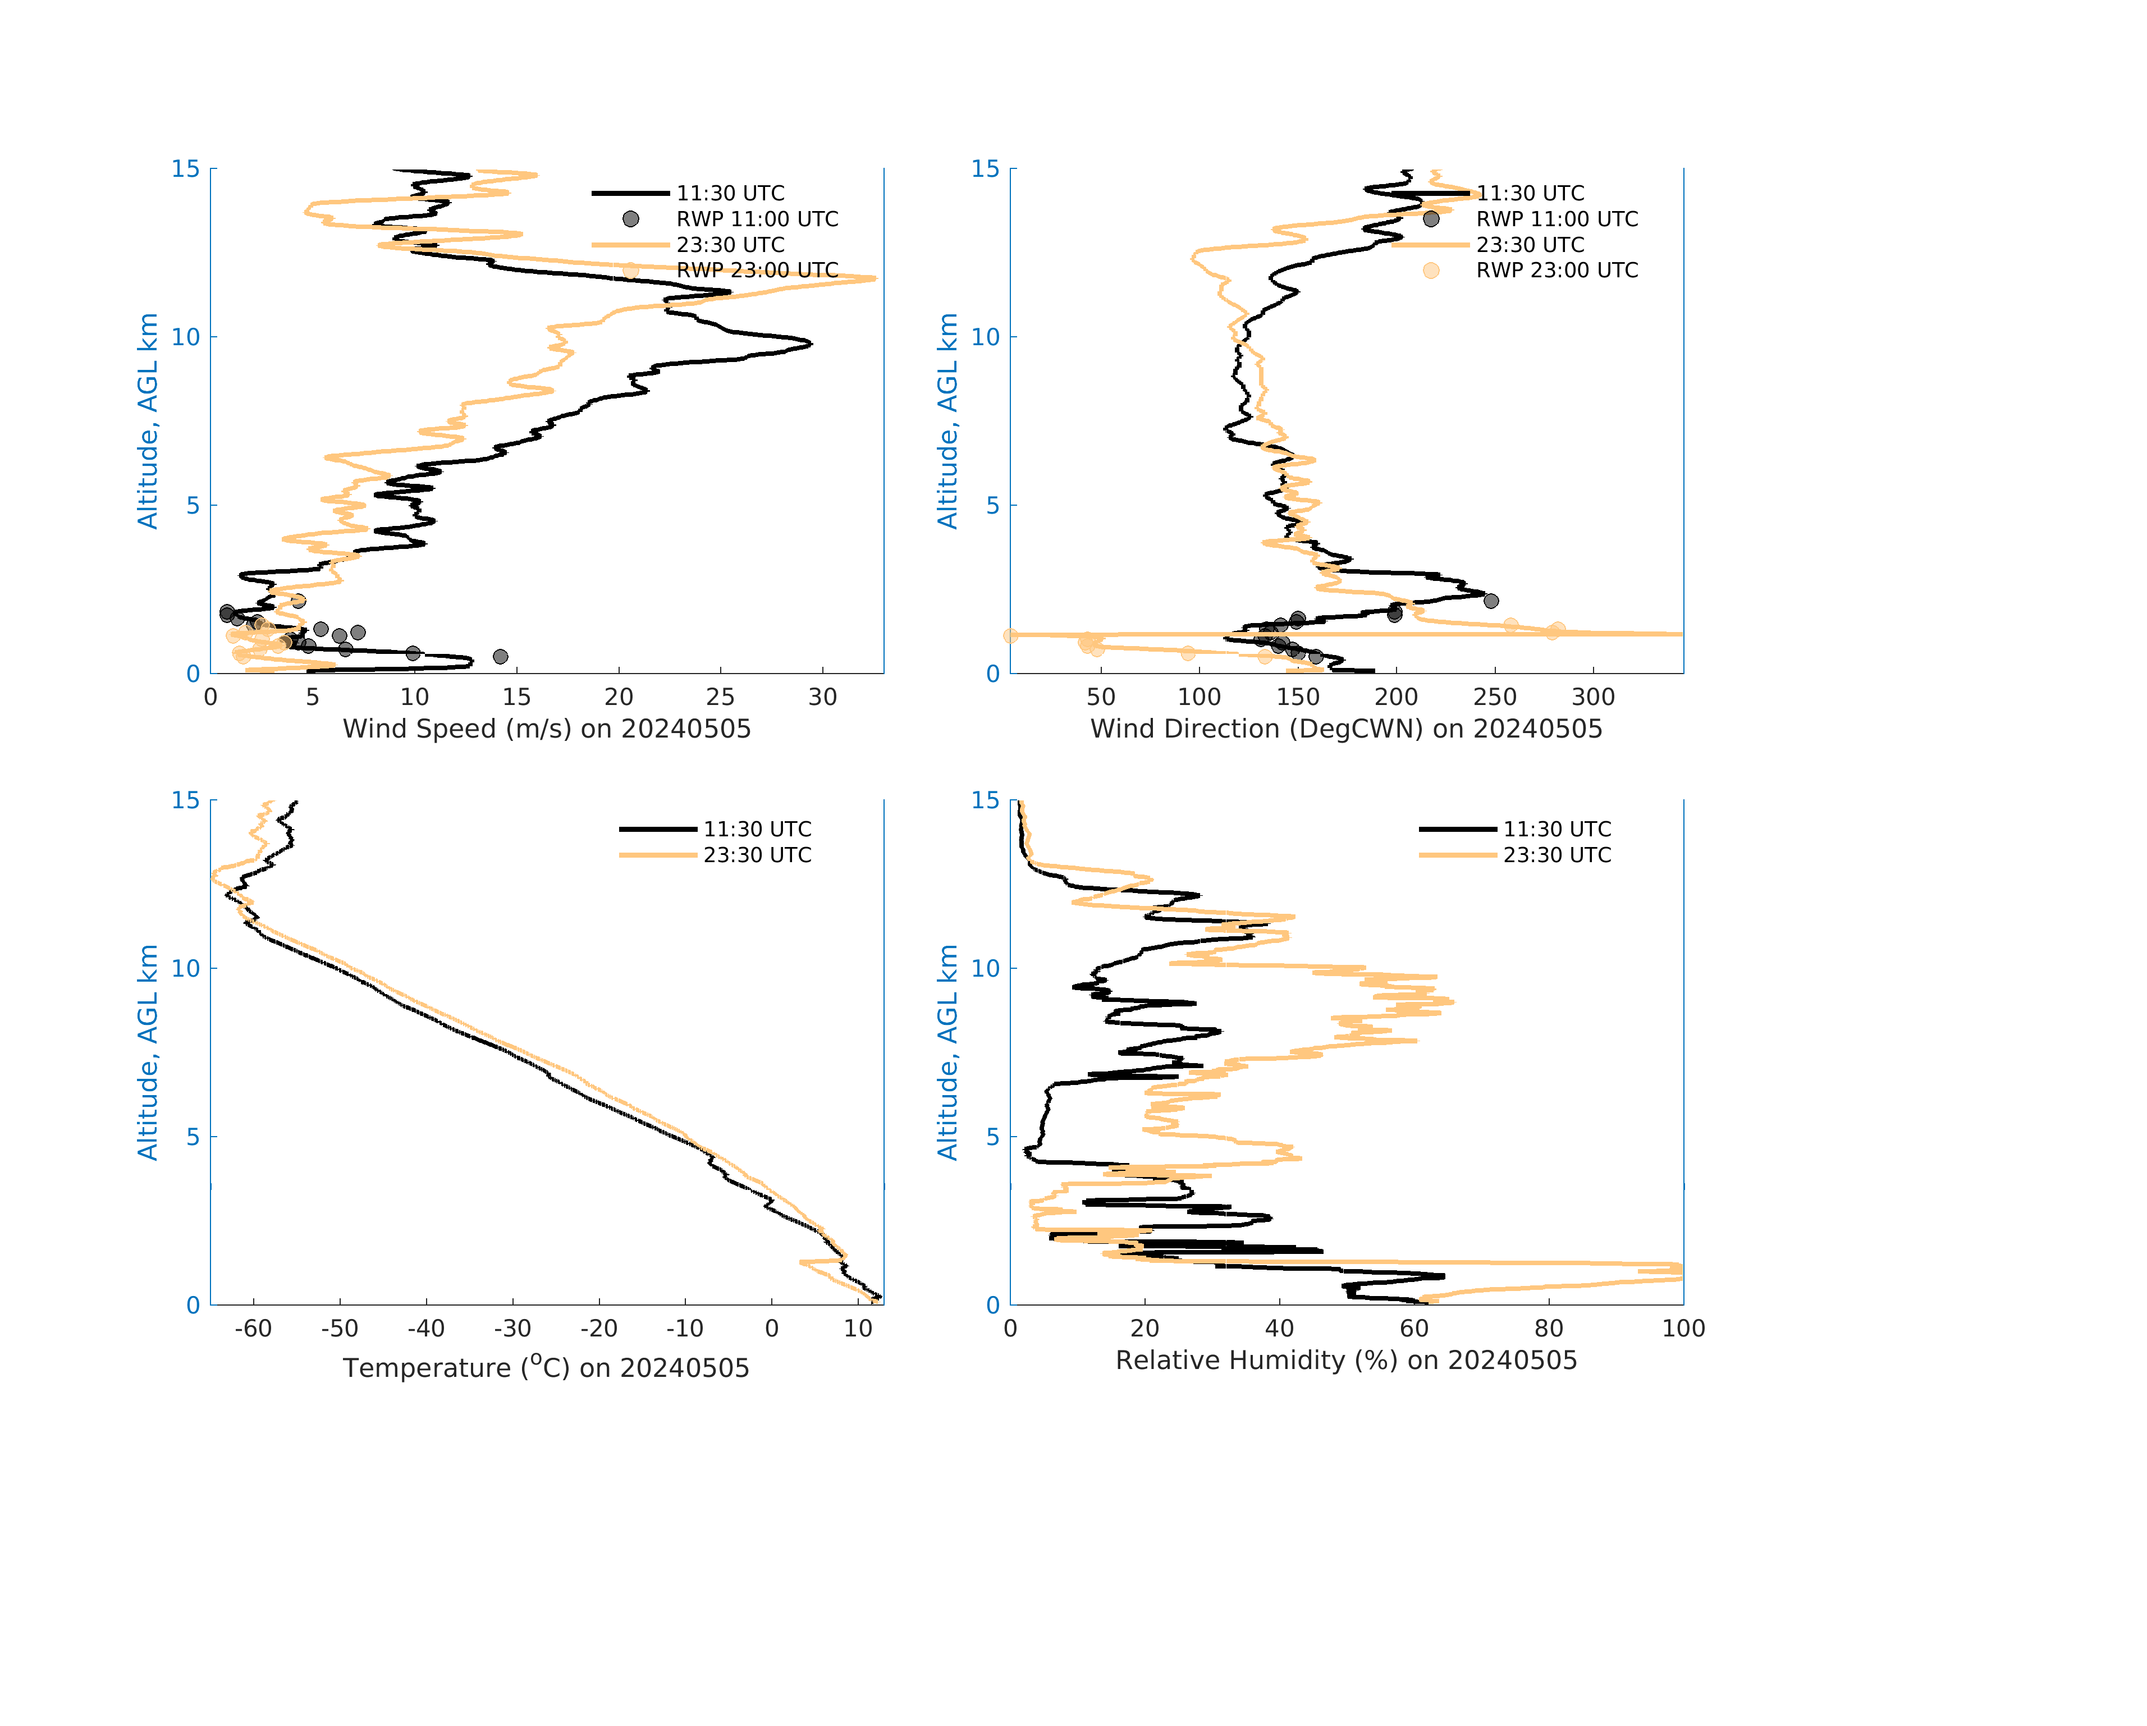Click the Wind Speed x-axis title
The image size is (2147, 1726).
point(547,729)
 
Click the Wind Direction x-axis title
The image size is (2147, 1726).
point(1345,729)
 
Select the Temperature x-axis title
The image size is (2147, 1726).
point(546,1367)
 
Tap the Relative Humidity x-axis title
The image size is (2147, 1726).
point(1345,1361)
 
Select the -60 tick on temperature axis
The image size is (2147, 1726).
point(253,1329)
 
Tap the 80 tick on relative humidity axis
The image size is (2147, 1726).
point(1549,1329)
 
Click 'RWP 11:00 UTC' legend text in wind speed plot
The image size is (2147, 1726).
point(757,219)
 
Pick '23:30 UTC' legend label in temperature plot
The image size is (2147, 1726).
point(757,854)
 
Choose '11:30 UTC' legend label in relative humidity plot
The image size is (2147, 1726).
point(1557,828)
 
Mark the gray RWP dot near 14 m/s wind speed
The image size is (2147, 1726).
point(500,656)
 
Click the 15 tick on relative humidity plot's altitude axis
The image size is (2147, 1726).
point(985,801)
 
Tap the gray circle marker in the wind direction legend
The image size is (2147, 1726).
point(1431,219)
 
